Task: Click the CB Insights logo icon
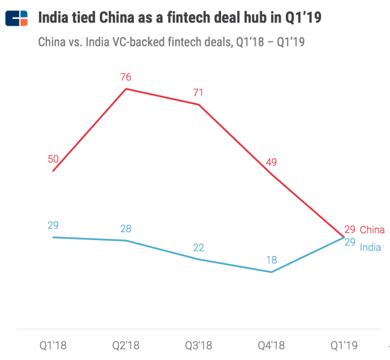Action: pyautogui.click(x=16, y=18)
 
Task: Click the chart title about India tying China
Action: pyautogui.click(x=179, y=18)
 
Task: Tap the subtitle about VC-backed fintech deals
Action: pyautogui.click(x=171, y=42)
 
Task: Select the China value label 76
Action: pyautogui.click(x=126, y=77)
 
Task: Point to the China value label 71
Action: pyautogui.click(x=199, y=92)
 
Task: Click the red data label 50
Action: pyautogui.click(x=53, y=158)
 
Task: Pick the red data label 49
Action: pyautogui.click(x=271, y=162)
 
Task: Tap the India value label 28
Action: pyautogui.click(x=126, y=229)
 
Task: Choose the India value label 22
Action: pyautogui.click(x=199, y=247)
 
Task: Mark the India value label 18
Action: pyautogui.click(x=271, y=260)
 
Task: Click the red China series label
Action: pyautogui.click(x=372, y=230)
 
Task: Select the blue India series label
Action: pyautogui.click(x=370, y=247)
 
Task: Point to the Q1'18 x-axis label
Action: pyautogui.click(x=53, y=345)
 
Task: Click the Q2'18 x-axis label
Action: pyautogui.click(x=126, y=345)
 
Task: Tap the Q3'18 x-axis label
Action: pyautogui.click(x=199, y=345)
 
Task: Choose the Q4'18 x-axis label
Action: pyautogui.click(x=271, y=345)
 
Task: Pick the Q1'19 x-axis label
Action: pyautogui.click(x=343, y=345)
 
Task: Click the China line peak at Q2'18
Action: pyautogui.click(x=126, y=88)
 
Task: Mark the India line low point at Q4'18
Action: pyautogui.click(x=271, y=272)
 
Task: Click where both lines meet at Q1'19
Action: pyautogui.click(x=343, y=237)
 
